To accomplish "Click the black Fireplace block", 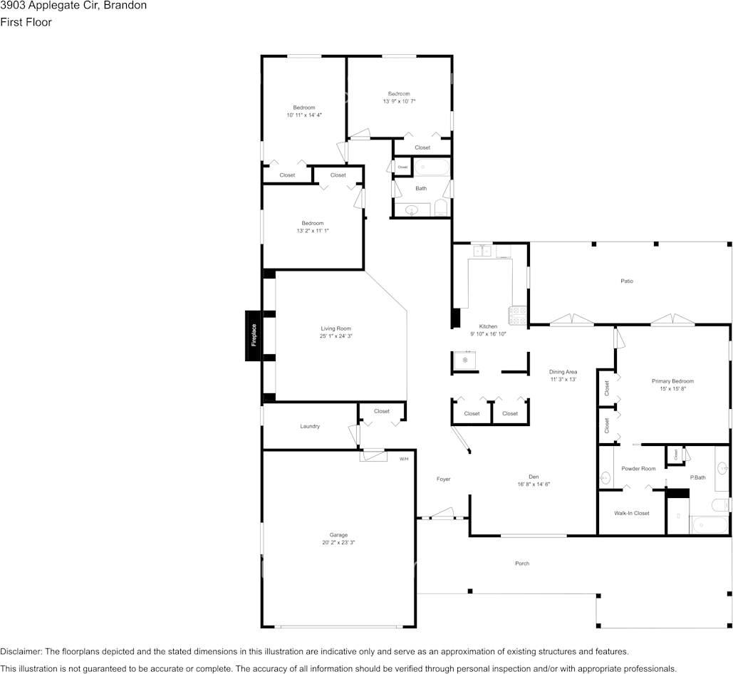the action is tap(253, 336).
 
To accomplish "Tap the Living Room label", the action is tap(336, 328).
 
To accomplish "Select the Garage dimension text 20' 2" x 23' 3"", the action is tap(338, 543).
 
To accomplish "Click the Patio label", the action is tap(627, 281).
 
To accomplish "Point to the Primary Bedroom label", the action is tap(672, 381).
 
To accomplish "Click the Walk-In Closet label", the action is tap(632, 513).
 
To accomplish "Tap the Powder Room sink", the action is tap(605, 477).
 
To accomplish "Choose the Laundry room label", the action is tap(310, 426).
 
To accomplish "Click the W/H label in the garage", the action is tap(404, 459).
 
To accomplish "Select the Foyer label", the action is tap(444, 479).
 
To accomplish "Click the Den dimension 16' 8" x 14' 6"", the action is tap(534, 484).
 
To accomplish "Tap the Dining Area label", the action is tap(563, 372).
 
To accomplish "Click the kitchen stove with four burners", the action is tap(517, 316).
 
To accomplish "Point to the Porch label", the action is tap(522, 564).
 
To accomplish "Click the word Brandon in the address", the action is tap(125, 6).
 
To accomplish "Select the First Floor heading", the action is tap(26, 22).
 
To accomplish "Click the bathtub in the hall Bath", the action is tap(432, 167).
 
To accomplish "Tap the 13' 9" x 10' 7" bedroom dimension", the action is tap(399, 101).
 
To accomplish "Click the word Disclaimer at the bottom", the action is tap(21, 652).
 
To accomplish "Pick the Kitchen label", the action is tap(488, 327).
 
